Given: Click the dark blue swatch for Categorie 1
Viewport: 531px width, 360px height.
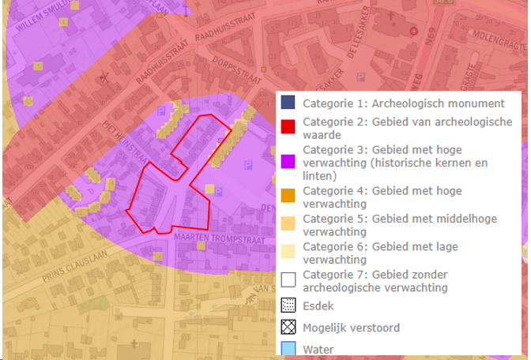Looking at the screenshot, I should [288, 103].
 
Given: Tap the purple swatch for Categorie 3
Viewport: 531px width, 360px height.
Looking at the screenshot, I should [288, 160].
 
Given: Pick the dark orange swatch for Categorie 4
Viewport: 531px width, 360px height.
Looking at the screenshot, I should [288, 195].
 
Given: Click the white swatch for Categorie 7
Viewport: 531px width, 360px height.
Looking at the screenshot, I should [288, 279].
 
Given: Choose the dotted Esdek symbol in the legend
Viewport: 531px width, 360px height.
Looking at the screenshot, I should [288, 306].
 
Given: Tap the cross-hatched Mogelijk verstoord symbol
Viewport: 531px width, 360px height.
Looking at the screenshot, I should [288, 328].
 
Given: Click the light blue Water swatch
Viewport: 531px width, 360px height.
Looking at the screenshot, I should [288, 349].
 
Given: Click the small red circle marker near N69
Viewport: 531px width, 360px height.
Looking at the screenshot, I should [412, 32].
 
